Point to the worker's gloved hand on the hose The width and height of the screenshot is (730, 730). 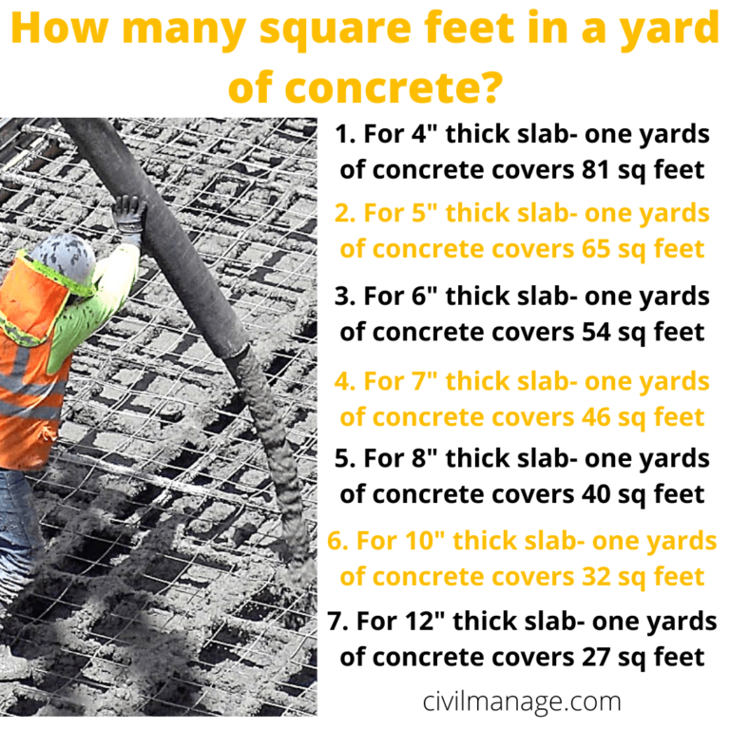click(128, 213)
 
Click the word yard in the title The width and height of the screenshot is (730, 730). click(669, 32)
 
